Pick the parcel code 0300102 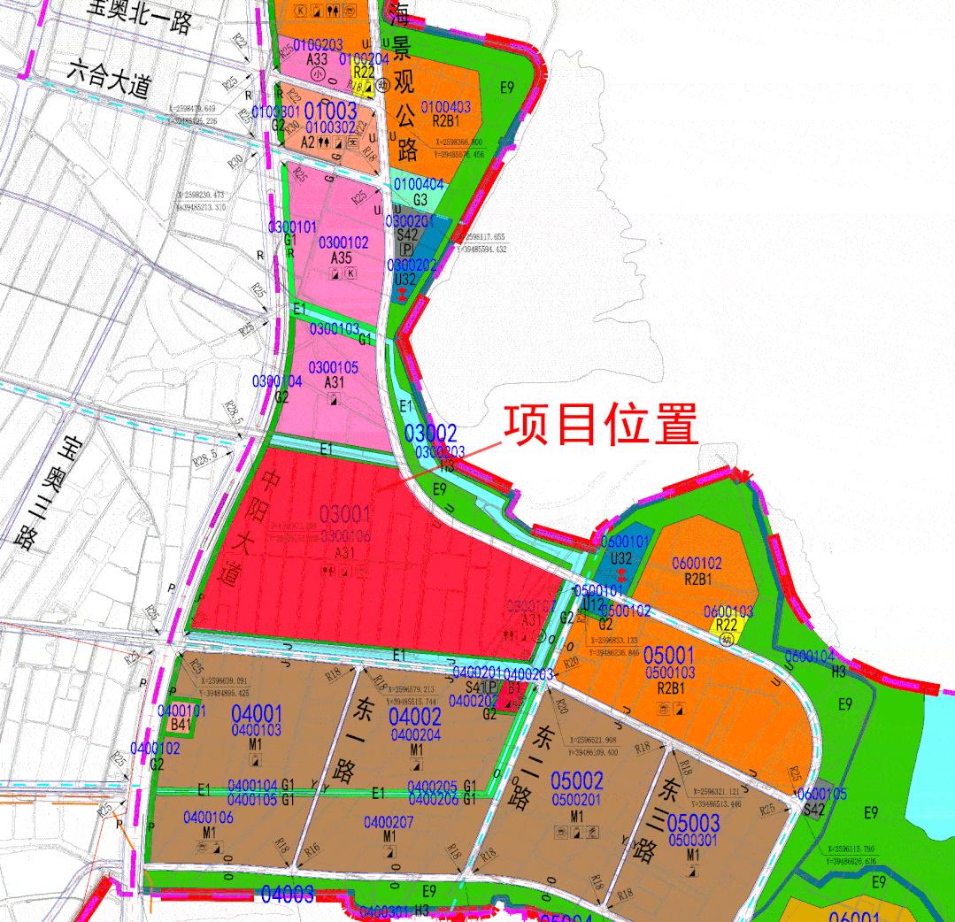(343, 242)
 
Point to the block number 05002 (576, 781)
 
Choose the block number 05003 (693, 823)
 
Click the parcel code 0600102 (697, 563)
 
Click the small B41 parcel (181, 725)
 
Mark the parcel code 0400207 (389, 822)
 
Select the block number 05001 (669, 657)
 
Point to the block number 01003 (329, 111)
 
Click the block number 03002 (431, 434)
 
